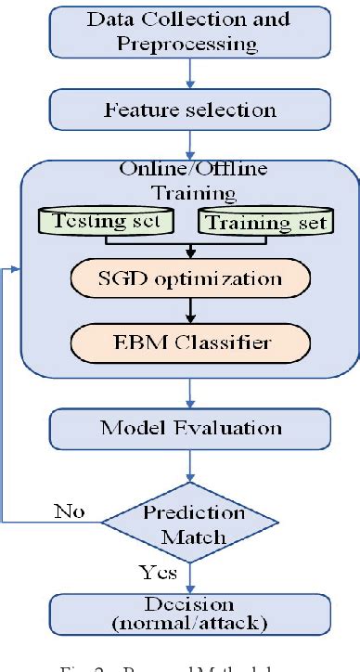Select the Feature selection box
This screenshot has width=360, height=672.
click(x=191, y=110)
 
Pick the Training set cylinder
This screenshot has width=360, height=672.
click(x=265, y=223)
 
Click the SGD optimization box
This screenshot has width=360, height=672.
click(x=189, y=278)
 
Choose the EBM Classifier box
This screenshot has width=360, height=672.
click(x=189, y=342)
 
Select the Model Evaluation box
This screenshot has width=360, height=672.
click(x=191, y=428)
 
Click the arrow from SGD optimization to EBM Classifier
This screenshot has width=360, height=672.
click(x=189, y=311)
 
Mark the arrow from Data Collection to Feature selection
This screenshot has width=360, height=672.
click(x=190, y=73)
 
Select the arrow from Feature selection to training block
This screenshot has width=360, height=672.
click(x=190, y=144)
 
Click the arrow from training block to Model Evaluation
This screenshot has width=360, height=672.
click(x=189, y=395)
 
